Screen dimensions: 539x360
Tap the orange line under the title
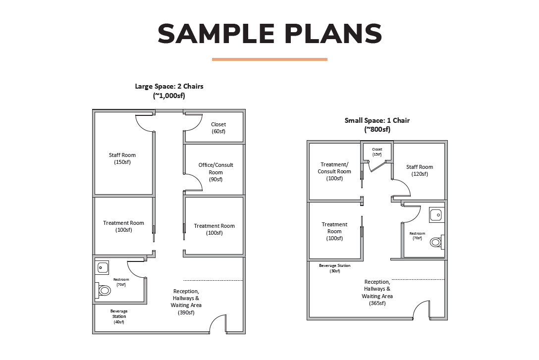269,59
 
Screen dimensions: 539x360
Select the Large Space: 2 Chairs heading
169,86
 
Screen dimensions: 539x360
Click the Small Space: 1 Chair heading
377,120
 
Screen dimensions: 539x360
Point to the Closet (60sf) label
218,128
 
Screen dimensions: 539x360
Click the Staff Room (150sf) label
122,158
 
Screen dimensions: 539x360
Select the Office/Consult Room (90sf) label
216,172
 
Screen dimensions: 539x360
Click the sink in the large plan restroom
102,267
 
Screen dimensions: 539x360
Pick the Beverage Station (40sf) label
119,316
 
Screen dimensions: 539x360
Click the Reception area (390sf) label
186,302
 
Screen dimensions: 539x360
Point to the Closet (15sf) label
377,152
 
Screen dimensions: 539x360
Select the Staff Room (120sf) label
420,170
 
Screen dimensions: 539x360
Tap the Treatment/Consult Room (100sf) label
334,171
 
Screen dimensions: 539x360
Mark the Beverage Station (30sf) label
335,268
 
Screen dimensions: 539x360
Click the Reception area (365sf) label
377,293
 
